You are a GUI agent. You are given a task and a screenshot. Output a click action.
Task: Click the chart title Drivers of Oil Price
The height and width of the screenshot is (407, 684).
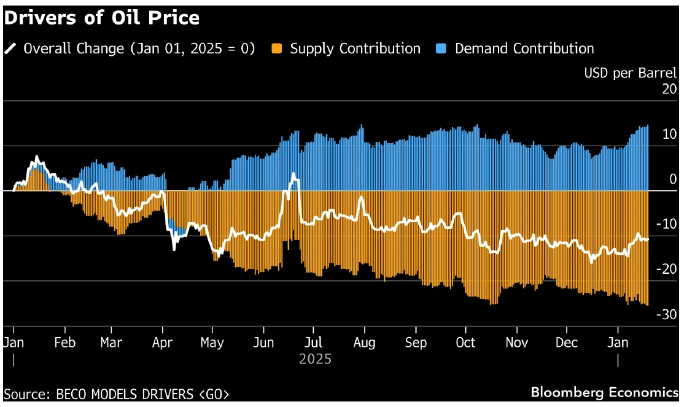[x=102, y=18]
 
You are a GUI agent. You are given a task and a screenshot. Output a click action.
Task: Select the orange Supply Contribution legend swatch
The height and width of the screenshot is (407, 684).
[x=277, y=48]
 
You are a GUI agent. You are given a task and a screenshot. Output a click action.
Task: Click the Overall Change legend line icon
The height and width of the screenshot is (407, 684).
[x=10, y=48]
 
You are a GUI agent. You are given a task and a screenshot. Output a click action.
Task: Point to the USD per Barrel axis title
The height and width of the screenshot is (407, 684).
[x=630, y=73]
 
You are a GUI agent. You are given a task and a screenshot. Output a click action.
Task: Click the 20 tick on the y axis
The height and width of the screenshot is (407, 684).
[x=669, y=89]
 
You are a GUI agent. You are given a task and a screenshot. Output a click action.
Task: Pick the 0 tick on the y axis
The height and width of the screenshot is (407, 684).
[x=672, y=179]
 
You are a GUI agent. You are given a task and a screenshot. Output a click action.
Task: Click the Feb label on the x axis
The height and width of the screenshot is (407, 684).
[x=64, y=343]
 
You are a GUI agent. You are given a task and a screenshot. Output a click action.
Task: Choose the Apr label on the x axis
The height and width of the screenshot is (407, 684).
[x=162, y=343]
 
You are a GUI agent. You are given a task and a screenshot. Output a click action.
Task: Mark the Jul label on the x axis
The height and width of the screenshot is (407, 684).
[x=314, y=343]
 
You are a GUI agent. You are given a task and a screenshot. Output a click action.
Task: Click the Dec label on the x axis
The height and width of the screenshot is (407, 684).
[x=567, y=343]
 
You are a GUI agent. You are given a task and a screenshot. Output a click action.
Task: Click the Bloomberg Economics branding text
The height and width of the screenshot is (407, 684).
[x=604, y=392]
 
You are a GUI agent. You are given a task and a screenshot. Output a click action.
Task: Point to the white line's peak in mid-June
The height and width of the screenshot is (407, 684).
[x=294, y=174]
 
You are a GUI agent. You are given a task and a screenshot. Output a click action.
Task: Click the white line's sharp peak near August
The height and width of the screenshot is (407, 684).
[x=361, y=197]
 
